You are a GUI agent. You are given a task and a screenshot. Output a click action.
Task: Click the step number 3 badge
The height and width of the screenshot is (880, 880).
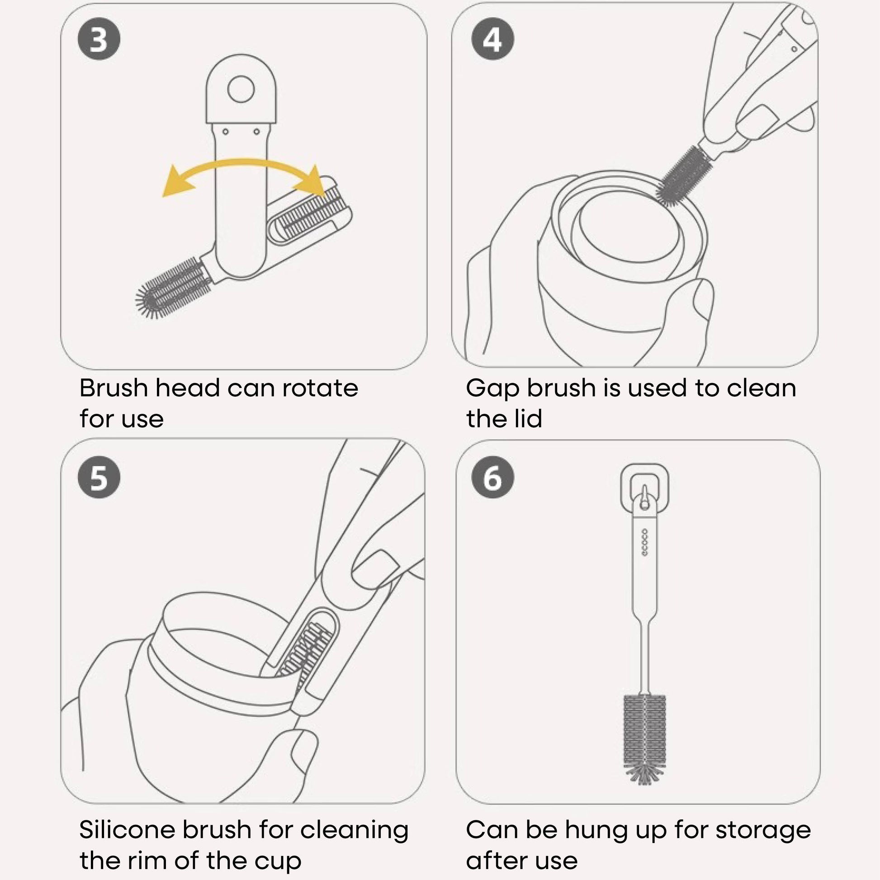[x=99, y=39]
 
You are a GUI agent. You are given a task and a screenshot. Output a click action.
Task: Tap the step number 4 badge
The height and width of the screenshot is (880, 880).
[x=492, y=39]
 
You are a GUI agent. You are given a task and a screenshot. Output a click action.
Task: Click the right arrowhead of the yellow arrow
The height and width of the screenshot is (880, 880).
[x=312, y=182]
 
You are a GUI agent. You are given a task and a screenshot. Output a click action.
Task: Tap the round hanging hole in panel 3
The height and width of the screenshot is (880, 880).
[x=241, y=89]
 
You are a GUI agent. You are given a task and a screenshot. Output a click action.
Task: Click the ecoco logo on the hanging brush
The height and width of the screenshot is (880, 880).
[x=644, y=543]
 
